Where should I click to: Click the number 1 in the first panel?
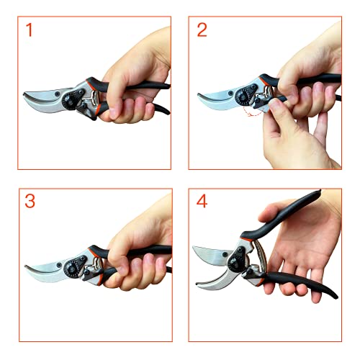click(30, 30)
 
